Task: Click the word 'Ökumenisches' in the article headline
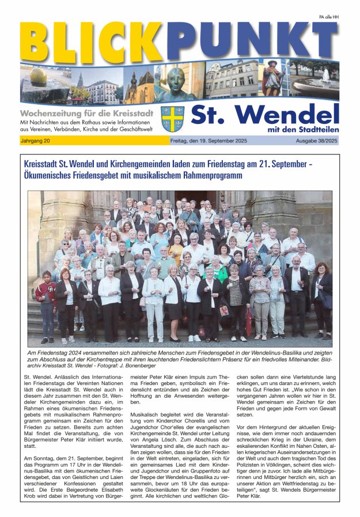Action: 52,175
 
